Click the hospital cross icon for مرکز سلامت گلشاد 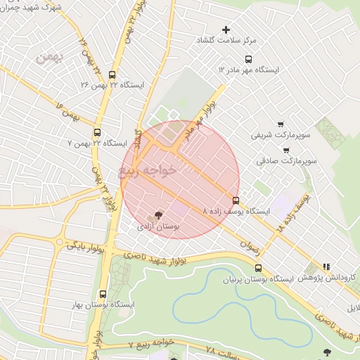(226, 30)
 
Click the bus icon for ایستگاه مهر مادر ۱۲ (247, 59)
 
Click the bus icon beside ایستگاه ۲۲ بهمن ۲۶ (112, 72)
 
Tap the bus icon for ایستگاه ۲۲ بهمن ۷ (97, 131)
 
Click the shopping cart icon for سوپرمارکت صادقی (286, 150)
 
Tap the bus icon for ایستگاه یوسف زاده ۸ (235, 200)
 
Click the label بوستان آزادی (159, 227)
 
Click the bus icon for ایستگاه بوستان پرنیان (258, 268)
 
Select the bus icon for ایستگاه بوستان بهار (103, 294)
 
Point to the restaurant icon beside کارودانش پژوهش (326, 267)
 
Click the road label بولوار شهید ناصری (151, 261)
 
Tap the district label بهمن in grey (49, 59)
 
